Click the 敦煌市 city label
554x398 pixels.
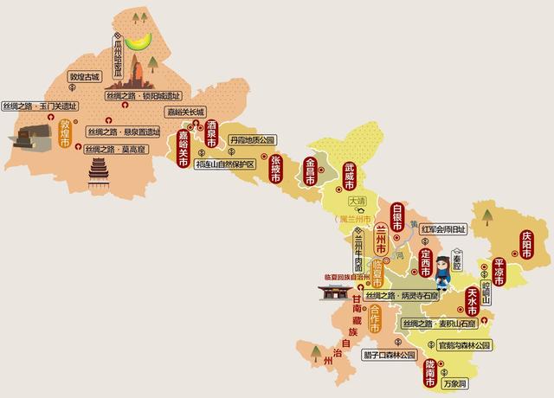pos(65,134)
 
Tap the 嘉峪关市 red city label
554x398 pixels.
pos(183,148)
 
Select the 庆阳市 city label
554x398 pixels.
pos(526,241)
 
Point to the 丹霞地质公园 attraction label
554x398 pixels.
pos(252,139)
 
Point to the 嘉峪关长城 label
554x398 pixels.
pos(185,112)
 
